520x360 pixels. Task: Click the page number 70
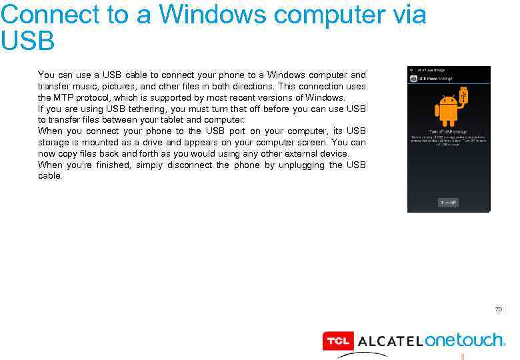coord(498,309)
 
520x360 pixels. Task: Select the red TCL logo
coord(337,341)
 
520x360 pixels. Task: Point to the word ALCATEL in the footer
coord(390,341)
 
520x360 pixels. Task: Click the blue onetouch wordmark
coord(464,340)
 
